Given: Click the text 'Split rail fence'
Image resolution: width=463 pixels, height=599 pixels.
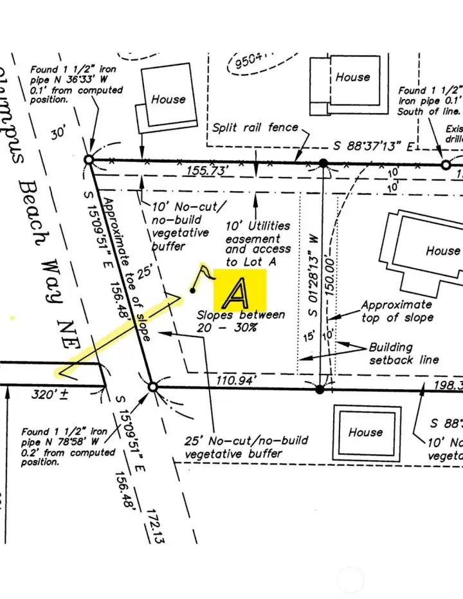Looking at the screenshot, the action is point(255,127).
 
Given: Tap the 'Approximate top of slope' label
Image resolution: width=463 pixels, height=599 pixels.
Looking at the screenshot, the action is point(397,311).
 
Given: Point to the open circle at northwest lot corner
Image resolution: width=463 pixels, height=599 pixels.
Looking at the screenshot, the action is point(89,159).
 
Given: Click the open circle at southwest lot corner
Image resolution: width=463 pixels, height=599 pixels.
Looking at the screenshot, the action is point(153,387).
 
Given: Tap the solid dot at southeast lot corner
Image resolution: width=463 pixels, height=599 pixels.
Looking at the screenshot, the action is point(320,389).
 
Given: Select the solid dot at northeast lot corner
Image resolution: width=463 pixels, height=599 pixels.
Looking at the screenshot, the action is point(323,163).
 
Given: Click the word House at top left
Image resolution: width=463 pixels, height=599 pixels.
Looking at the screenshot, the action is point(168,99).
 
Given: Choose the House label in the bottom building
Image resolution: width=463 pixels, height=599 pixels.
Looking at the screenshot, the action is point(365,432).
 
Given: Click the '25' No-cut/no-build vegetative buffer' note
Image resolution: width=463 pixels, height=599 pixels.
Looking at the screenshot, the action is point(246,447).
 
